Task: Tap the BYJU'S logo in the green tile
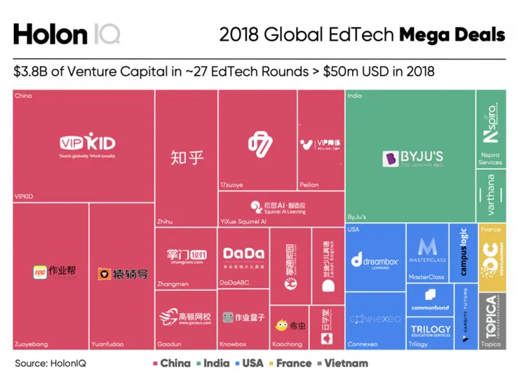click(412, 159)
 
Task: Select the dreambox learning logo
click(375, 261)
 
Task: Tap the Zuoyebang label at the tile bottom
click(32, 344)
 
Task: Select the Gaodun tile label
click(169, 344)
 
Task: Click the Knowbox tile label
click(234, 344)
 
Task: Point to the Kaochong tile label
click(287, 344)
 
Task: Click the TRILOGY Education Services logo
click(431, 331)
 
